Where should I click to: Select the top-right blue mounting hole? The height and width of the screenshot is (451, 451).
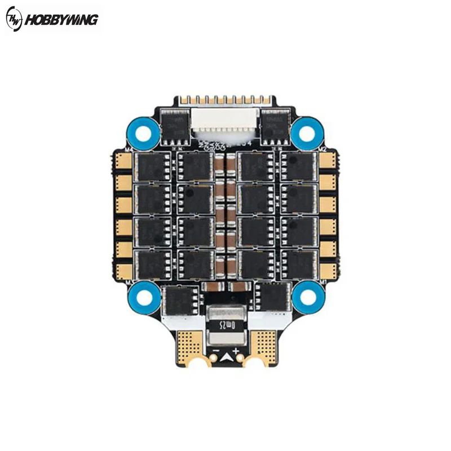tap(307, 132)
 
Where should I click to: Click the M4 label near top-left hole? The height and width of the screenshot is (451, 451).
tap(127, 149)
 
